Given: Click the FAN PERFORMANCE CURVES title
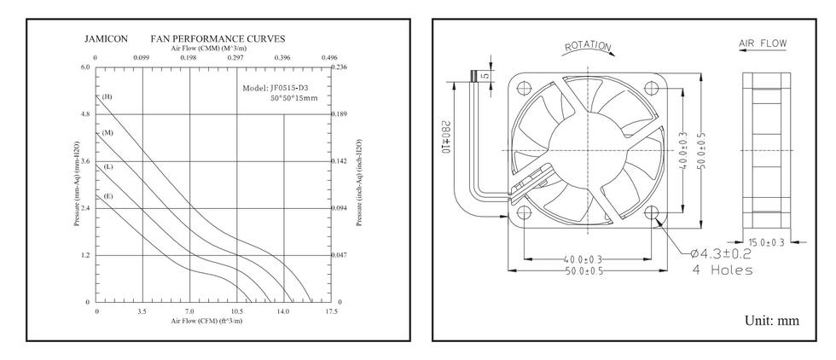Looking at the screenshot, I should (218, 39).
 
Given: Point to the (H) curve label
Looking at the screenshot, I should (107, 97).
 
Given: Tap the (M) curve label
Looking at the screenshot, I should (107, 134).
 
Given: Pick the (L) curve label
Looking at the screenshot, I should (107, 166).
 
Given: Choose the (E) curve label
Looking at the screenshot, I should (107, 197).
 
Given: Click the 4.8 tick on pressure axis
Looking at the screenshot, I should (84, 114).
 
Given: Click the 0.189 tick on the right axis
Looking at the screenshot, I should (340, 114).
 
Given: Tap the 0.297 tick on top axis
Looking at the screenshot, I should (236, 58).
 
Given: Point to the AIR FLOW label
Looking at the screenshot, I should (763, 44).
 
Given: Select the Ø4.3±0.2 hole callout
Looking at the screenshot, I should (720, 253).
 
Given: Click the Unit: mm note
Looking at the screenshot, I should (772, 321).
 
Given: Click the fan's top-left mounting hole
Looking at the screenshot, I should (524, 87).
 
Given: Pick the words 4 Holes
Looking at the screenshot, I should (721, 270).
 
